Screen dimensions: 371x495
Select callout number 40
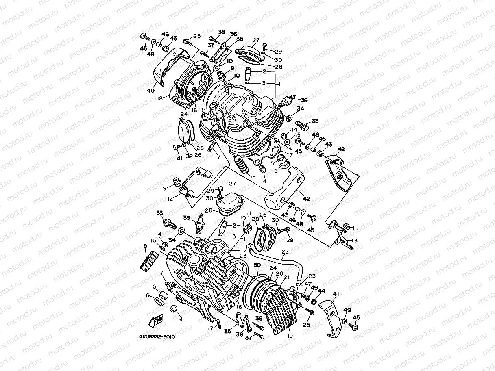[x=150, y=91]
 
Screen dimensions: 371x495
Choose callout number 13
[x=355, y=240]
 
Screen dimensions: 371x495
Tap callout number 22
[x=285, y=252]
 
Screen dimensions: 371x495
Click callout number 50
[x=257, y=265]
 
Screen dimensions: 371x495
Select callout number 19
[x=290, y=336]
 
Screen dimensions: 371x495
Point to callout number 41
[x=336, y=294]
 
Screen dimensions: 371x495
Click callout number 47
[x=308, y=284]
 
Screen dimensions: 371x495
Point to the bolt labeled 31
[x=176, y=147]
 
